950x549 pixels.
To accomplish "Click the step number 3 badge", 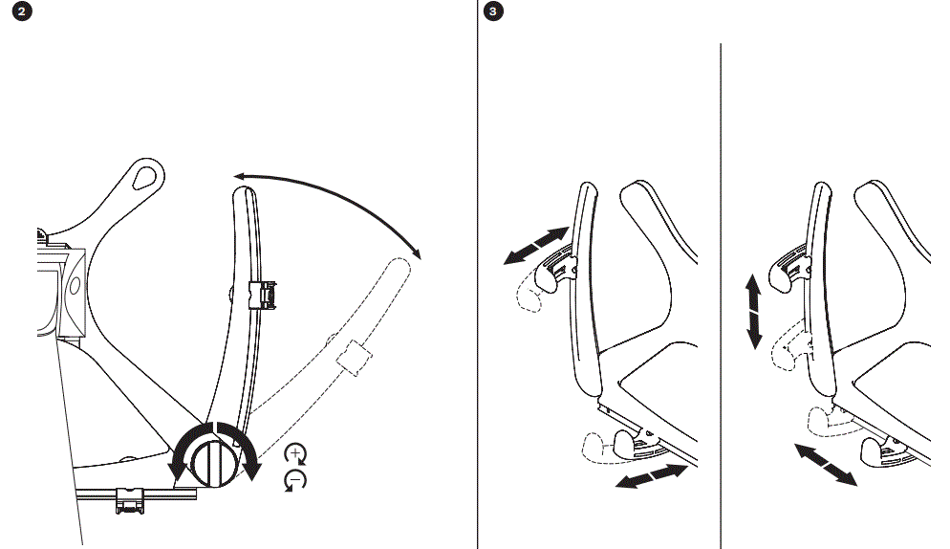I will click(x=493, y=12).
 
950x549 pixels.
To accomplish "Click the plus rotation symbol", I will click(x=296, y=454).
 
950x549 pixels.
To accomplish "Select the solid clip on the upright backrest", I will click(x=261, y=295).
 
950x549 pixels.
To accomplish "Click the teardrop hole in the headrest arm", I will click(x=147, y=176).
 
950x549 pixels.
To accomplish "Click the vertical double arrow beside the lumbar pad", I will click(x=754, y=311).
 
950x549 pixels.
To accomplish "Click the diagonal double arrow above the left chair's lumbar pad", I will click(x=536, y=244).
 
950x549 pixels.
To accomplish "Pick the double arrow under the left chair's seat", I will click(x=653, y=476).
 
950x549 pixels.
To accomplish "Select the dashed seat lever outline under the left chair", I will click(x=598, y=450).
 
